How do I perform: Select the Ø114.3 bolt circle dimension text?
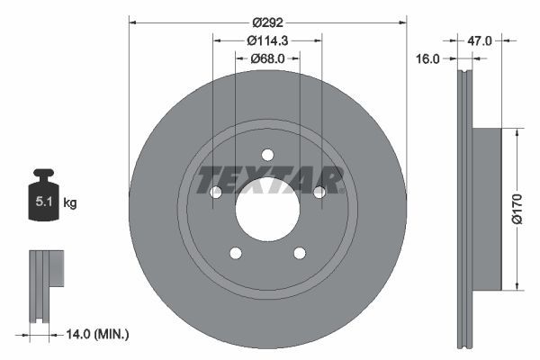(267, 40)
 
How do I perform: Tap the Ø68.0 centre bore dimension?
(267, 58)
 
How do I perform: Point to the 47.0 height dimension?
(480, 40)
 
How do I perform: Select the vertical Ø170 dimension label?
(517, 209)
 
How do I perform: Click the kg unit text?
(70, 203)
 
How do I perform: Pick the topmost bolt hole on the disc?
(267, 154)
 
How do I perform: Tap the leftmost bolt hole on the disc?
(215, 192)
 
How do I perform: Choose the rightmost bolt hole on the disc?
(319, 192)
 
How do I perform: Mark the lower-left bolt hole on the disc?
(235, 253)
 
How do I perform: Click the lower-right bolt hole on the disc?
(300, 253)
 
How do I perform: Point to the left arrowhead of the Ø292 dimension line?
(132, 21)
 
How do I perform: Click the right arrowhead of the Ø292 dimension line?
(402, 21)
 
